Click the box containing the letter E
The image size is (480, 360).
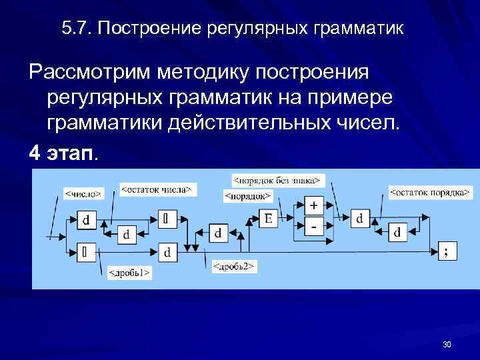click(x=268, y=219)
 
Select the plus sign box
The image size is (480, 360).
click(x=313, y=205)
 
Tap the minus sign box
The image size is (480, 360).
click(x=313, y=227)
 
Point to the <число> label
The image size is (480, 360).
click(x=83, y=193)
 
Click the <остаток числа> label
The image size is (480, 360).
click(x=156, y=189)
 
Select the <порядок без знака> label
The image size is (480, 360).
click(x=276, y=180)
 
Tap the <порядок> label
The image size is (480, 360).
click(x=247, y=196)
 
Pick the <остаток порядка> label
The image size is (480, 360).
click(x=427, y=193)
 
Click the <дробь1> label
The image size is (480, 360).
click(x=129, y=272)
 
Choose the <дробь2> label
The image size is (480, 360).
click(x=235, y=267)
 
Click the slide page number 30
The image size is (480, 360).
click(x=446, y=344)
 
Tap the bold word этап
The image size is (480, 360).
click(x=71, y=154)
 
